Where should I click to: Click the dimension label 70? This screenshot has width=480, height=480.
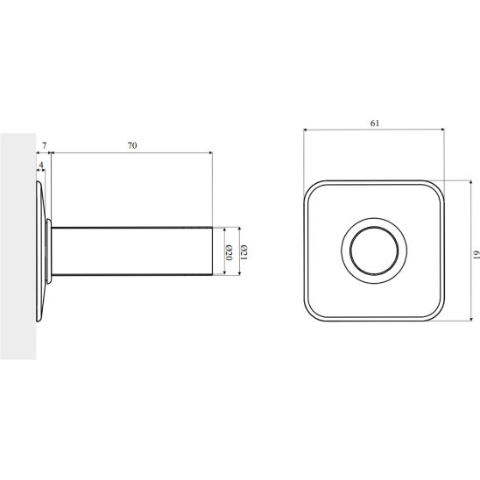[x=132, y=145]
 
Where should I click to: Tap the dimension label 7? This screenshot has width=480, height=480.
[x=45, y=145]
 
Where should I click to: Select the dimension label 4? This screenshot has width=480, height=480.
[x=41, y=165]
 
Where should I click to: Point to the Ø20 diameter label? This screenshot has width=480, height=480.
[x=229, y=252]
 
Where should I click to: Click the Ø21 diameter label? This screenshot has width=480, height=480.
[x=244, y=252]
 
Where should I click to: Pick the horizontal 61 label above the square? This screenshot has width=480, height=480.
[x=375, y=123]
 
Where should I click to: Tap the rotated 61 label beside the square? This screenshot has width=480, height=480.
[x=476, y=255]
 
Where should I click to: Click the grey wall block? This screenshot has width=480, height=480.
[x=18, y=246]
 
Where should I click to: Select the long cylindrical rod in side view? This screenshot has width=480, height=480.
[x=132, y=251]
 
